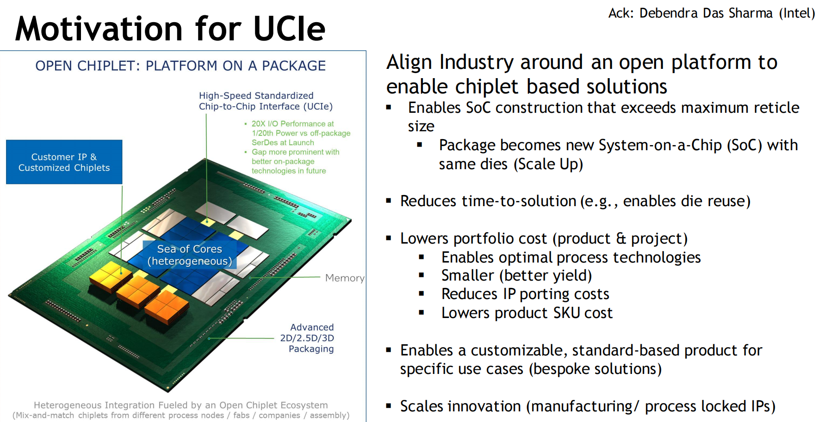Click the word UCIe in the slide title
[x=290, y=29]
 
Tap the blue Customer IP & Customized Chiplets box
[x=64, y=162]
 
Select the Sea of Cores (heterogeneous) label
[x=190, y=255]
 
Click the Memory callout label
[x=345, y=278]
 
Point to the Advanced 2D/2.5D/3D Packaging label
[x=307, y=338]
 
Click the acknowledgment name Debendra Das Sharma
[x=706, y=13]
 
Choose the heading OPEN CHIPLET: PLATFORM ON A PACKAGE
[x=180, y=66]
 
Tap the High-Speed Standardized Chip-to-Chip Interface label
[x=266, y=101]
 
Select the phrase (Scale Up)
[x=548, y=164]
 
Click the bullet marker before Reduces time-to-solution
[x=389, y=201]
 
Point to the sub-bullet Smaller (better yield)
[x=517, y=275]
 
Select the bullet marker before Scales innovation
[x=389, y=406]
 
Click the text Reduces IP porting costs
[x=525, y=294]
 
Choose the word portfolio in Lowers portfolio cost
[x=500, y=239]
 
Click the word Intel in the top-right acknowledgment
[x=797, y=13]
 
